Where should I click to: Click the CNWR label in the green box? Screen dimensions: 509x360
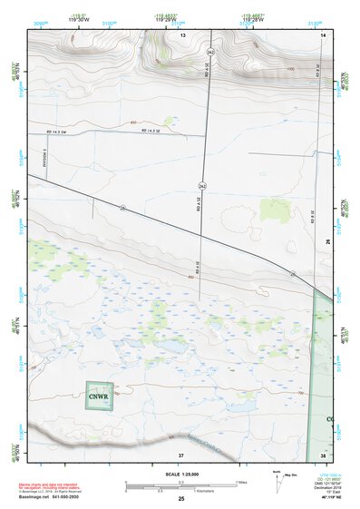tap(98, 396)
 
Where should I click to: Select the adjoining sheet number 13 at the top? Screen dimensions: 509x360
tap(181, 34)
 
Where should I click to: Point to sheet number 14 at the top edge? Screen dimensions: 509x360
tap(323, 34)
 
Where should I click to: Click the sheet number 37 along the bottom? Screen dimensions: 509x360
tap(181, 454)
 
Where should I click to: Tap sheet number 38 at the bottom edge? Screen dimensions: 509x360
tap(323, 454)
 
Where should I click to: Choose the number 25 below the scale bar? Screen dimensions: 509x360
tap(181, 499)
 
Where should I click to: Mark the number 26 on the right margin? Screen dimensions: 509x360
tap(328, 241)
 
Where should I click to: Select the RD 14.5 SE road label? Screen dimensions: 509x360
tap(150, 132)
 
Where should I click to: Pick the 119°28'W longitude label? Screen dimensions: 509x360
tap(252, 20)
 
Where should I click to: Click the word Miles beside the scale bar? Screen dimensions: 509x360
tap(241, 481)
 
